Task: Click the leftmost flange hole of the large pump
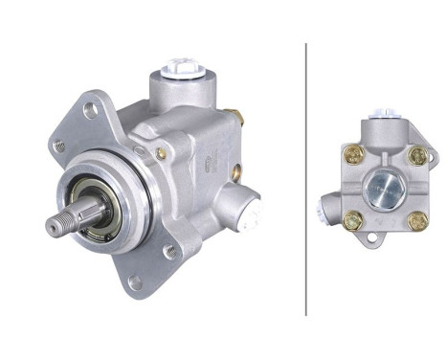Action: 59,146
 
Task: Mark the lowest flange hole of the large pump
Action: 134,282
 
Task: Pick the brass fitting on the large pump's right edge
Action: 238,119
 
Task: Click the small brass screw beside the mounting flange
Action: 160,153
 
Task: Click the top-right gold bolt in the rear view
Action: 416,155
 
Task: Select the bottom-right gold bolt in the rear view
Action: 417,220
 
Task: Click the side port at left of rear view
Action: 329,204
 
